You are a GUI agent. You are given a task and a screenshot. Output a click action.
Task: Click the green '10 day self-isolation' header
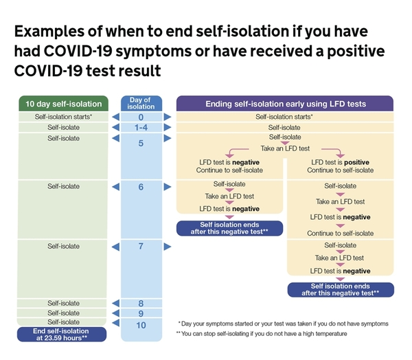(62, 104)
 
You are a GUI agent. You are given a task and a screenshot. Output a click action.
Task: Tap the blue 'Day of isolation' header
(141, 103)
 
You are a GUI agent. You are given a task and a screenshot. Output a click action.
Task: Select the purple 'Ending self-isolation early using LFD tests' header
(285, 104)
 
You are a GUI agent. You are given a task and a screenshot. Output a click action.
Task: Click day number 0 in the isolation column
(141, 117)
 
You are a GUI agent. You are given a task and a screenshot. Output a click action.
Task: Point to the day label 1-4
(141, 128)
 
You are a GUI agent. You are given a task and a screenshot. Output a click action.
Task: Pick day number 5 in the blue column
(141, 144)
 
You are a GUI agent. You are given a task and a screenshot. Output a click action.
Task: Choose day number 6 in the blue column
(141, 186)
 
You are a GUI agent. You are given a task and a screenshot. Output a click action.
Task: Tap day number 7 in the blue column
(141, 246)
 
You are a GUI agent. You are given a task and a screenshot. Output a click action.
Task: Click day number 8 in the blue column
(141, 302)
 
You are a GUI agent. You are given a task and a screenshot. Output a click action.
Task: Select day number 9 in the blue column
(141, 313)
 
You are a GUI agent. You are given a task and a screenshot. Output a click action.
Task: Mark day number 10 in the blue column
(141, 324)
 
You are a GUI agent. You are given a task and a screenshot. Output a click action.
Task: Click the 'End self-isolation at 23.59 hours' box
(62, 335)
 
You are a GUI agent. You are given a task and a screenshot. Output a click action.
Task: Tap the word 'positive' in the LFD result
(357, 161)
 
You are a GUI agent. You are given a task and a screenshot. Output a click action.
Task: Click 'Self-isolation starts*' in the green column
(62, 117)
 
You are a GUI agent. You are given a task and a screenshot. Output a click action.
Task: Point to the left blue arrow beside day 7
(115, 246)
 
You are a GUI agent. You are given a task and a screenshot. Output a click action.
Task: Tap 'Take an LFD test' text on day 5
(284, 148)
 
